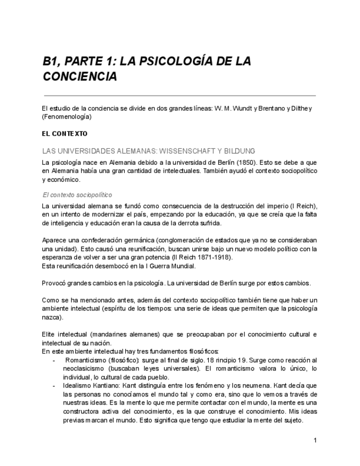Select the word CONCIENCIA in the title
[x=80, y=76]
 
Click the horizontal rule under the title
[x=179, y=96]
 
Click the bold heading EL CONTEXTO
[x=65, y=134]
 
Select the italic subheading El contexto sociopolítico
[x=77, y=195]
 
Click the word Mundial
[x=181, y=266]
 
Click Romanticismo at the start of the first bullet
[x=86, y=359]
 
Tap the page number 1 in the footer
[x=315, y=440]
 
